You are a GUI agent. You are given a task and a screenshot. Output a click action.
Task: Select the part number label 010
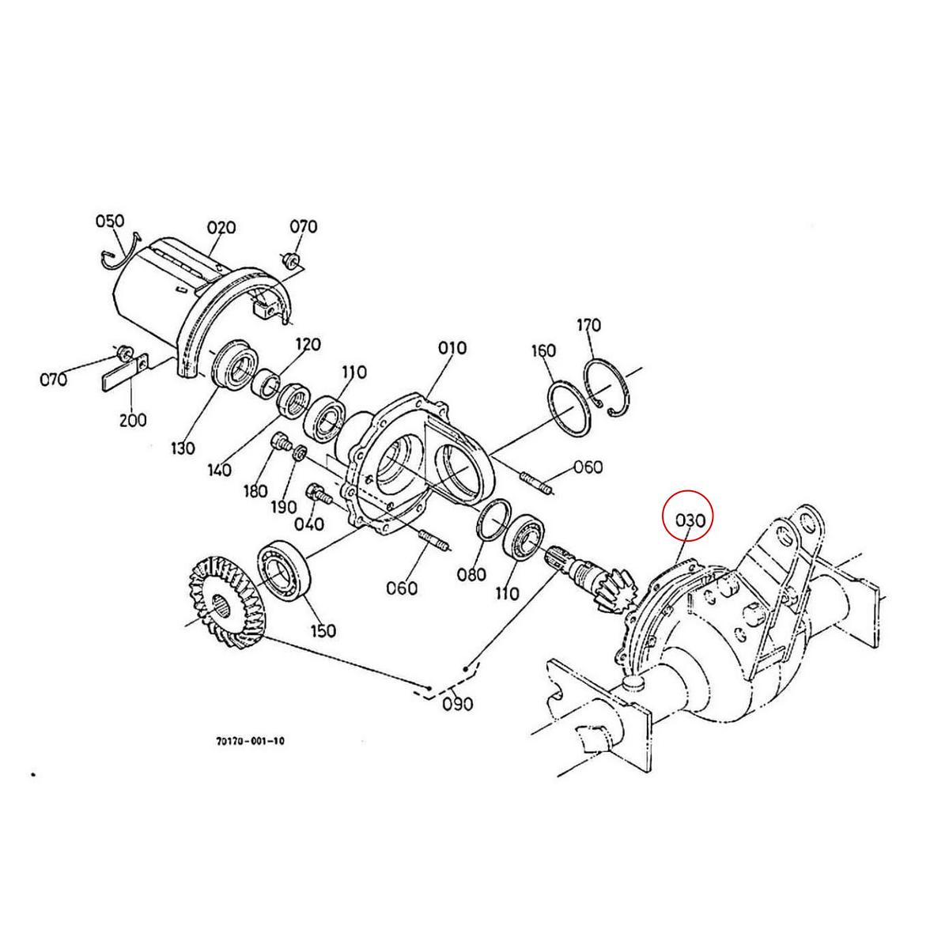tap(452, 348)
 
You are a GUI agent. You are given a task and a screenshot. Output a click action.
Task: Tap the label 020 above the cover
tap(221, 228)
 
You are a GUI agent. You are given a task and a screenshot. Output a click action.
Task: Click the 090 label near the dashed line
tap(457, 701)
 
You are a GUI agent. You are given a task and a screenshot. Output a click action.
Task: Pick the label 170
tap(588, 325)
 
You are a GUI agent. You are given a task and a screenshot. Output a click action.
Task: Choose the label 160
tap(543, 350)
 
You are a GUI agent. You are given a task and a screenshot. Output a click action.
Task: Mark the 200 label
tap(133, 420)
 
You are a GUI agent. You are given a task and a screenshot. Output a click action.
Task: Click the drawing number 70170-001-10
tap(250, 742)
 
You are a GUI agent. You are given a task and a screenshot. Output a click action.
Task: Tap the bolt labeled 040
tap(316, 492)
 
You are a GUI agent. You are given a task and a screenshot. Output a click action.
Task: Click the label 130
tap(182, 448)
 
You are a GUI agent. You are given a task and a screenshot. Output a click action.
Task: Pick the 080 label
tap(472, 575)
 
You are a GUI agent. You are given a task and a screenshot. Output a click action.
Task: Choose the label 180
tap(255, 491)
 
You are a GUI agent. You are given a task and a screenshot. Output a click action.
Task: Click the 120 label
tap(308, 344)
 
